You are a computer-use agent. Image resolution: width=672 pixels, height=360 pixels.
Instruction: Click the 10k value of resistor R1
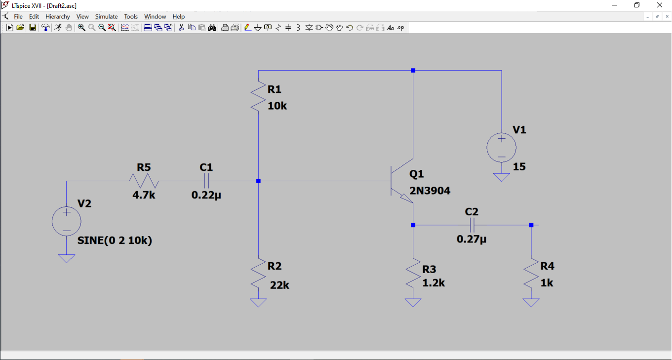click(277, 106)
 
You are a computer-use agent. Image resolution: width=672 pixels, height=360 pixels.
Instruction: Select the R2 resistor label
click(275, 266)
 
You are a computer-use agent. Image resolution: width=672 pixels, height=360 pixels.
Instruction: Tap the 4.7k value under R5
click(144, 195)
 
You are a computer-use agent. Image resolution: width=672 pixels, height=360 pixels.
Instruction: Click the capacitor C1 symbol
click(206, 181)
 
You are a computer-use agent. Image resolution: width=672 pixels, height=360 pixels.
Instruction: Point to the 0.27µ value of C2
click(472, 240)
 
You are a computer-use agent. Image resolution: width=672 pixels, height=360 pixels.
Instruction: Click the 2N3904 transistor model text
click(430, 191)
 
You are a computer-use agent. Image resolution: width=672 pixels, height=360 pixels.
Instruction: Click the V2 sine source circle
click(66, 221)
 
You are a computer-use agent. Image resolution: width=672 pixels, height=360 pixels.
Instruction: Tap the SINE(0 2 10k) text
click(115, 240)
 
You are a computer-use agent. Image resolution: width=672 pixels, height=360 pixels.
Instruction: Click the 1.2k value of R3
click(434, 283)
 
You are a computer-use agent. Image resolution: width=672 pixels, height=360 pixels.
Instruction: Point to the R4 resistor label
click(547, 266)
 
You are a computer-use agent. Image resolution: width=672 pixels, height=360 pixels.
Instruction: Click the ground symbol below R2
click(258, 302)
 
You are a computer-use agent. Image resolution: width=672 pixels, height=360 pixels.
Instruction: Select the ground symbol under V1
click(501, 177)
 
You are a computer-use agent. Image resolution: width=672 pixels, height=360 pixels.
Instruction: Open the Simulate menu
click(106, 16)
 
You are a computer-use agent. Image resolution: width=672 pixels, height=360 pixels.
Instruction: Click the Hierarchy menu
click(58, 16)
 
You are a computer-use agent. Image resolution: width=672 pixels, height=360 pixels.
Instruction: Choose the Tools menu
click(131, 16)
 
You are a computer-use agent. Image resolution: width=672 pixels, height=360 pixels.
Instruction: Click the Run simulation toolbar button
click(9, 28)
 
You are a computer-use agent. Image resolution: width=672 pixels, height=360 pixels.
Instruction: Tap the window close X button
click(659, 5)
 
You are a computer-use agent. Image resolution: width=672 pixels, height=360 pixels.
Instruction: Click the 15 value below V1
click(519, 167)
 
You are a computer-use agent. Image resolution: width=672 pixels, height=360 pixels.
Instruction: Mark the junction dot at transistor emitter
click(413, 225)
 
